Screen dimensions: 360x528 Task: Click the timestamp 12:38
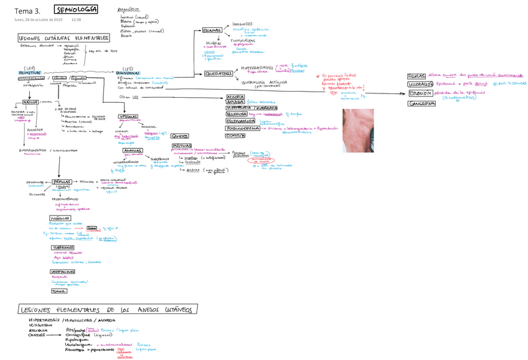pyautogui.click(x=77, y=20)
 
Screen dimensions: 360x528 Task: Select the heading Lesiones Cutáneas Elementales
pyautogui.click(x=64, y=39)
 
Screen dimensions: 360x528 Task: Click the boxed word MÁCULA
pyautogui.click(x=31, y=102)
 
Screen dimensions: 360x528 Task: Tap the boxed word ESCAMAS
pyautogui.click(x=212, y=31)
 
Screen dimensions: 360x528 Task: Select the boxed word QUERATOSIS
pyautogui.click(x=219, y=73)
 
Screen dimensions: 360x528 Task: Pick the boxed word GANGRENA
pyautogui.click(x=422, y=103)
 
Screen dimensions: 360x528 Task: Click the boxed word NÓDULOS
pyautogui.click(x=60, y=219)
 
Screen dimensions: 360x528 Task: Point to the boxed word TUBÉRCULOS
pyautogui.click(x=64, y=247)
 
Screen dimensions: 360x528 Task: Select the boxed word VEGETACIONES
pyautogui.click(x=65, y=272)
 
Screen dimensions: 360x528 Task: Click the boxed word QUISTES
pyautogui.click(x=179, y=136)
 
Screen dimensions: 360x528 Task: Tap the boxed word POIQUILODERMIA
pyautogui.click(x=243, y=128)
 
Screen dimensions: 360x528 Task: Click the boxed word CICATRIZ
pyautogui.click(x=235, y=135)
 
